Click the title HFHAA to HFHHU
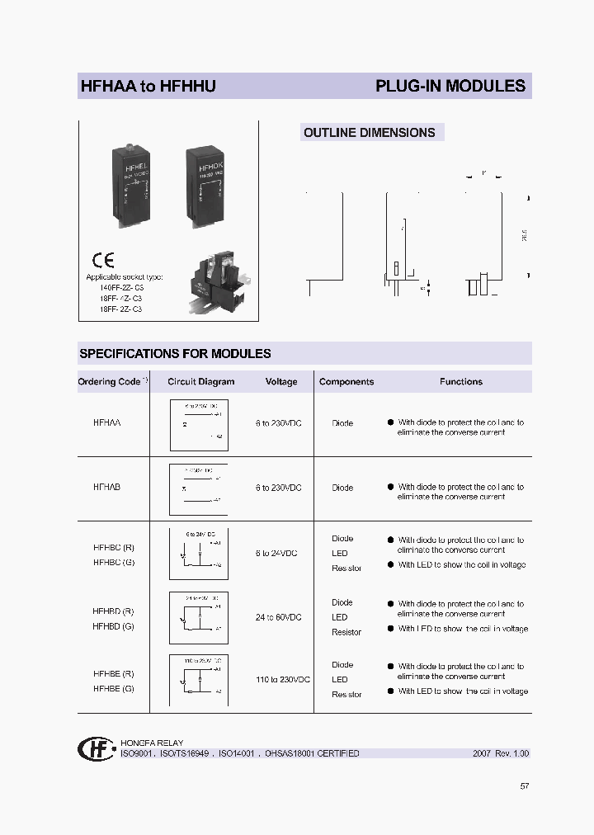click(x=148, y=86)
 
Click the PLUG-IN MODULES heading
click(x=450, y=86)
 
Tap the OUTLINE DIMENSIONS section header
click(x=369, y=132)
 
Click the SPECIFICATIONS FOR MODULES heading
click(x=175, y=353)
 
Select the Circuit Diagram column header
click(x=200, y=382)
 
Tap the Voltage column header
click(x=280, y=382)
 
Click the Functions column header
click(x=460, y=382)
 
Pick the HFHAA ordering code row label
click(x=107, y=422)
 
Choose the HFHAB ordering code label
click(x=107, y=488)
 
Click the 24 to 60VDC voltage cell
click(x=279, y=617)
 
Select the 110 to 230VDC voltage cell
click(x=283, y=679)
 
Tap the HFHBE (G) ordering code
click(x=114, y=688)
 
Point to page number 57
click(x=524, y=786)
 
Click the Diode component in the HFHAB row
click(x=342, y=488)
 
